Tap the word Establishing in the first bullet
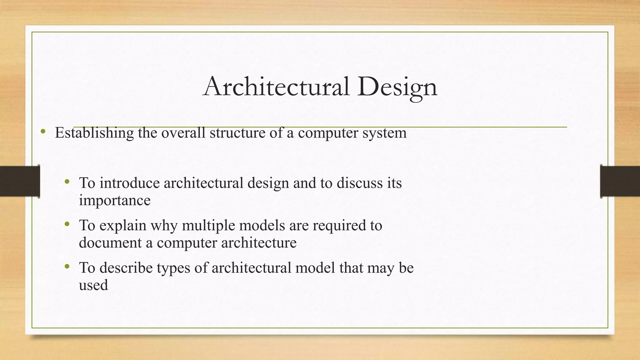[x=94, y=133]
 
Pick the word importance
[x=115, y=200]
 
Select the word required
[x=339, y=226]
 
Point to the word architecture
[x=259, y=243]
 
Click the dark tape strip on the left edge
[x=20, y=181]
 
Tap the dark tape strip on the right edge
[x=620, y=181]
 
